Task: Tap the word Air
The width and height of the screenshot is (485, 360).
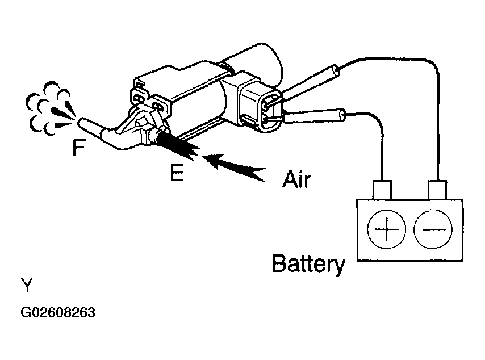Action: (x=297, y=179)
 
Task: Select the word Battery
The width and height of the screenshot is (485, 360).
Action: (x=308, y=264)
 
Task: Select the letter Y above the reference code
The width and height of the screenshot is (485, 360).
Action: (x=27, y=285)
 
